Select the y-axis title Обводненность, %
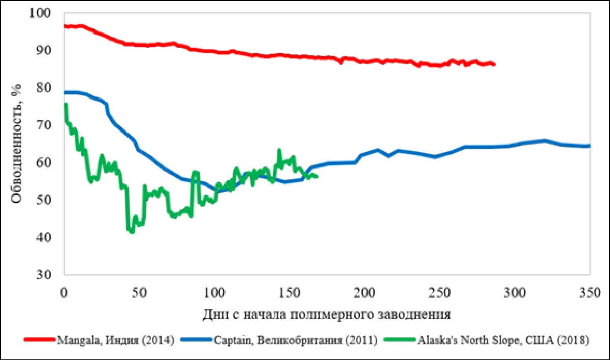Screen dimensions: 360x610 (17, 144)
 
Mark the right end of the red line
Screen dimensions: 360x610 (494, 65)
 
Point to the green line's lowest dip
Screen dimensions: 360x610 (132, 232)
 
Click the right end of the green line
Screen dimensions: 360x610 (317, 176)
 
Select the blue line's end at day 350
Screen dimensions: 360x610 (589, 146)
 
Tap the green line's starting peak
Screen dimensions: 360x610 (66, 105)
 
